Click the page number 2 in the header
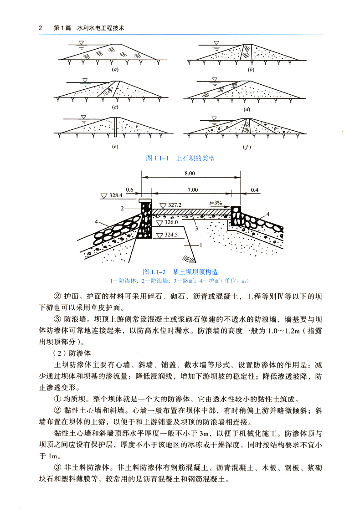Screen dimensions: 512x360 pyautogui.click(x=40, y=28)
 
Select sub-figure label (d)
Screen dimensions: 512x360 pyautogui.click(x=247, y=109)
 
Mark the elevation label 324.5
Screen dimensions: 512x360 pyautogui.click(x=171, y=235)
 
